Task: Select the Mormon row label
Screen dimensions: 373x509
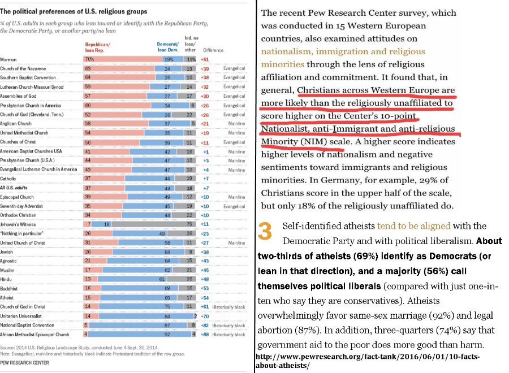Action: tap(8, 59)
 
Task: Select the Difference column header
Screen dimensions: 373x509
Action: tap(213, 50)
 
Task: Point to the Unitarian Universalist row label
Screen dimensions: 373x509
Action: tap(23, 315)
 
